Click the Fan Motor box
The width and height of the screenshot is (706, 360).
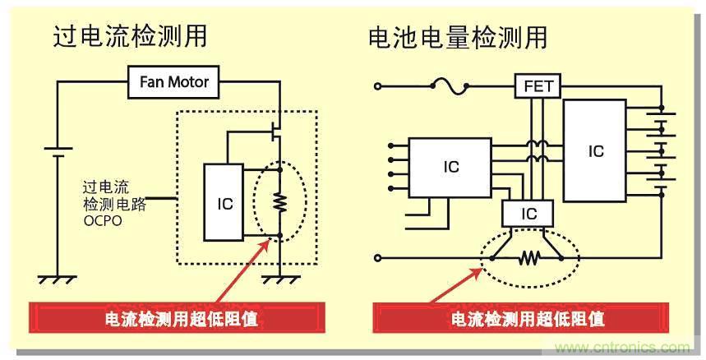tap(173, 82)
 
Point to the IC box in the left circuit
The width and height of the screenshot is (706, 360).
tap(224, 202)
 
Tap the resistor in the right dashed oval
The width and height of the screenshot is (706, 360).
tap(526, 259)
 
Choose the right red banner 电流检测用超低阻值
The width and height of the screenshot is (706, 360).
tap(527, 317)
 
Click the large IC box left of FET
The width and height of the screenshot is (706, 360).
tap(450, 167)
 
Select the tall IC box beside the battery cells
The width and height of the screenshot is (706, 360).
tap(595, 151)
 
